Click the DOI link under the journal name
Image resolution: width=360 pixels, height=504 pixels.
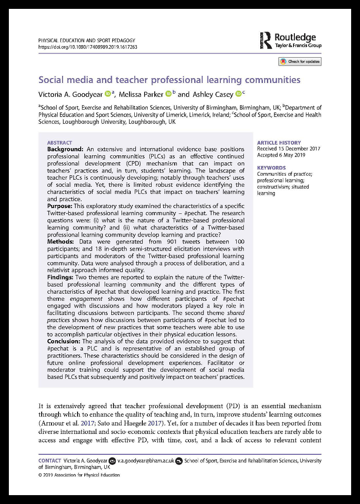pyautogui.click(x=88, y=47)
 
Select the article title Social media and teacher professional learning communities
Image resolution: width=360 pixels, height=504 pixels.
pyautogui.click(x=169, y=80)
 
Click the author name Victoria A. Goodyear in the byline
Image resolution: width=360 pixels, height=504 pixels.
pyautogui.click(x=70, y=94)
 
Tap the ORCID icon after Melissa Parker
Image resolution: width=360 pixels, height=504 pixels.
pyautogui.click(x=168, y=94)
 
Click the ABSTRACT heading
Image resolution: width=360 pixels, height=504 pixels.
pyautogui.click(x=59, y=143)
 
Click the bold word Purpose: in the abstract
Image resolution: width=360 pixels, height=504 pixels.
pyautogui.click(x=62, y=206)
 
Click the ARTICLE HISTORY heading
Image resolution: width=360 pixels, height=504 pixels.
pyautogui.click(x=279, y=143)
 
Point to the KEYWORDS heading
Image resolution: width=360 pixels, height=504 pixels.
pyautogui.click(x=271, y=168)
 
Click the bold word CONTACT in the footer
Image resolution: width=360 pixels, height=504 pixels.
pyautogui.click(x=49, y=461)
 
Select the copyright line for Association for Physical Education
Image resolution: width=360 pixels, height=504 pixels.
pyautogui.click(x=79, y=475)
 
